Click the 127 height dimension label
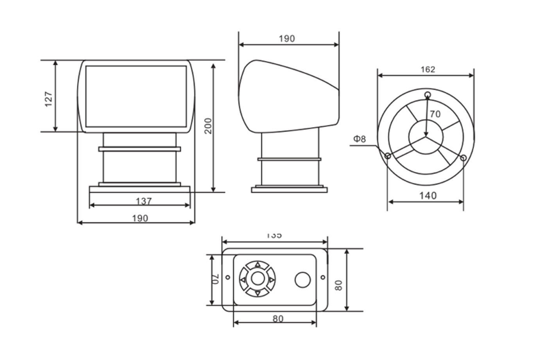pos(48,99)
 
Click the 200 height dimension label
pos(208,126)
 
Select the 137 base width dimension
pos(143,201)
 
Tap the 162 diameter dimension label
pos(428,70)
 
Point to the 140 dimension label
pos(428,196)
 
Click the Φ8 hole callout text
pos(360,139)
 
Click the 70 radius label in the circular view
pos(435,114)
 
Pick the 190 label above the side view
pos(286,39)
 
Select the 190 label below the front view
pos(140,218)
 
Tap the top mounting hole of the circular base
pos(428,94)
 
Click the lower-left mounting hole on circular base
pos(388,156)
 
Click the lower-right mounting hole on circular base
pos(463,158)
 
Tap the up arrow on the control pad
pos(258,265)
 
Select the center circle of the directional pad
pos(258,279)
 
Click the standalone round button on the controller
pos(302,280)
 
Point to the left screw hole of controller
pos(228,278)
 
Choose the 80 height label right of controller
pos(339,285)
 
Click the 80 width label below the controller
pos(277,319)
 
